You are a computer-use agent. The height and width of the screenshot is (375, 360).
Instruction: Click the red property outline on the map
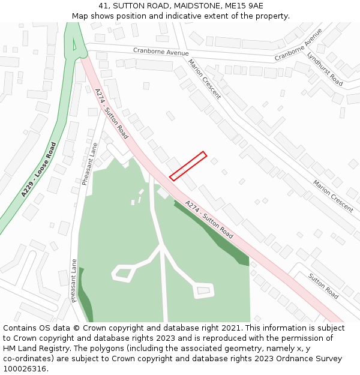(x=188, y=166)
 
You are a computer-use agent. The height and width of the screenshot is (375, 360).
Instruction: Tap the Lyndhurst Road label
(x=325, y=69)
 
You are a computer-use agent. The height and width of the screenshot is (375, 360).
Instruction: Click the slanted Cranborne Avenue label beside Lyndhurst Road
(x=298, y=44)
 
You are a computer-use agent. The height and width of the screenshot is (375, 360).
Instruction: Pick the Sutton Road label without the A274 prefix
(x=323, y=286)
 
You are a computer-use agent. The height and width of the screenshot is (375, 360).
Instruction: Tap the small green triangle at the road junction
(x=74, y=44)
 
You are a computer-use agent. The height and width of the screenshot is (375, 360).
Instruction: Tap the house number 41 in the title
(x=103, y=5)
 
